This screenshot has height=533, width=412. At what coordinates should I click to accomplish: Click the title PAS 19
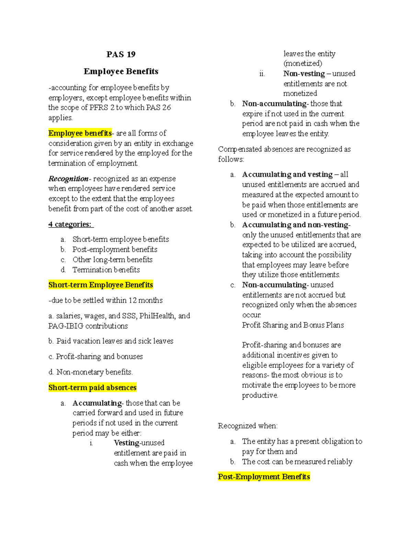(121, 54)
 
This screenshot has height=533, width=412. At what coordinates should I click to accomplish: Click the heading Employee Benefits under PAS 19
(121, 71)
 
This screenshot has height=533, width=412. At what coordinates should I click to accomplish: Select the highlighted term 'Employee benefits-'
(80, 133)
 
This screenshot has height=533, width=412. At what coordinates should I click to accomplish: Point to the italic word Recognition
(68, 179)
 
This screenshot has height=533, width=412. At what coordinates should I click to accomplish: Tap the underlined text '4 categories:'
(70, 224)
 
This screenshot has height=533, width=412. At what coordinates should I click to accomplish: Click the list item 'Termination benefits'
(106, 270)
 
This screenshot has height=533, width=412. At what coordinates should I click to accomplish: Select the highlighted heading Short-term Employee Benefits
(101, 285)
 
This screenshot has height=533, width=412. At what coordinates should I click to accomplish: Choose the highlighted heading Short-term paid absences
(92, 387)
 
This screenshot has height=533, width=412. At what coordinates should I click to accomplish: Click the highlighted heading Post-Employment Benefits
(264, 477)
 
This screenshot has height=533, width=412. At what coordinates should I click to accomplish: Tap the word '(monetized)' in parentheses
(303, 63)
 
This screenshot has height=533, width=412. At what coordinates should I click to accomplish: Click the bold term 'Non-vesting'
(304, 74)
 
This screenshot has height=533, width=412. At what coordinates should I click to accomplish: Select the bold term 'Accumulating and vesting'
(287, 174)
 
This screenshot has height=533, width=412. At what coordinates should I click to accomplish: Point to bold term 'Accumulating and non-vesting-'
(296, 225)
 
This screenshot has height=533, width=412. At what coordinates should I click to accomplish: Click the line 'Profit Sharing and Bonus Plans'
(293, 325)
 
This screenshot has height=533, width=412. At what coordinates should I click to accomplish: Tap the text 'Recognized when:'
(248, 426)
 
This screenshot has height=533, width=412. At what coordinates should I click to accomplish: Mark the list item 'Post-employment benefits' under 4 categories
(115, 250)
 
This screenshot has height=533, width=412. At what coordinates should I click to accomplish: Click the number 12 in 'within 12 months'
(133, 300)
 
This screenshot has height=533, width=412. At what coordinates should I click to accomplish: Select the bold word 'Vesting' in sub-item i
(126, 443)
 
